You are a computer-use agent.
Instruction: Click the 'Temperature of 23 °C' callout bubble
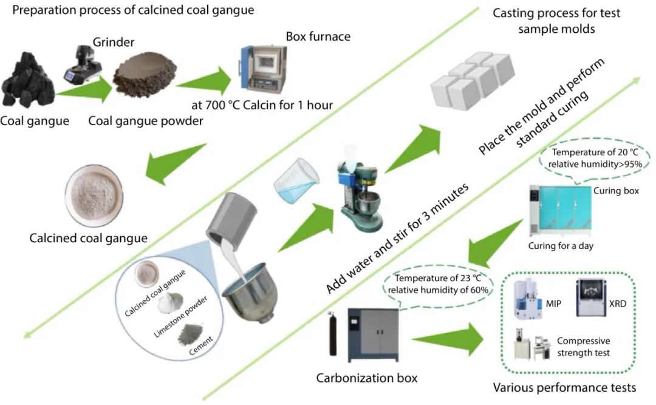439,284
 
